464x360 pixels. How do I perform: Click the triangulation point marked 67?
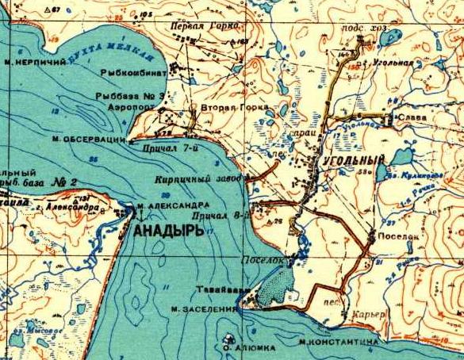click(52, 9)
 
